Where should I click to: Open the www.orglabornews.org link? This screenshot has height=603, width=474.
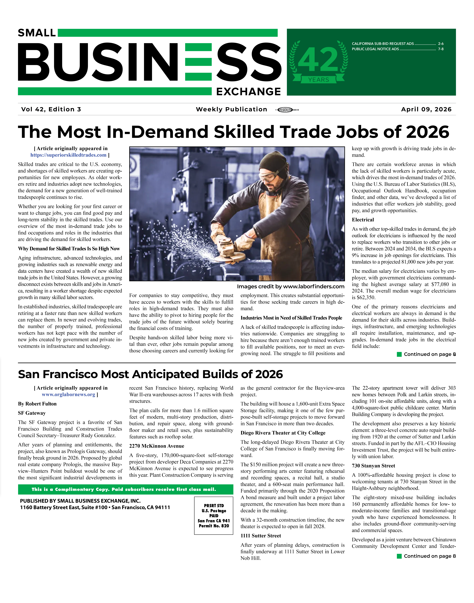tap(69, 394)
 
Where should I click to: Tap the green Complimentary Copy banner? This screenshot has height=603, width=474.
tap(125, 489)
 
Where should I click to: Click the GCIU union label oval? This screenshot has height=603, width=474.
tap(285, 110)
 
